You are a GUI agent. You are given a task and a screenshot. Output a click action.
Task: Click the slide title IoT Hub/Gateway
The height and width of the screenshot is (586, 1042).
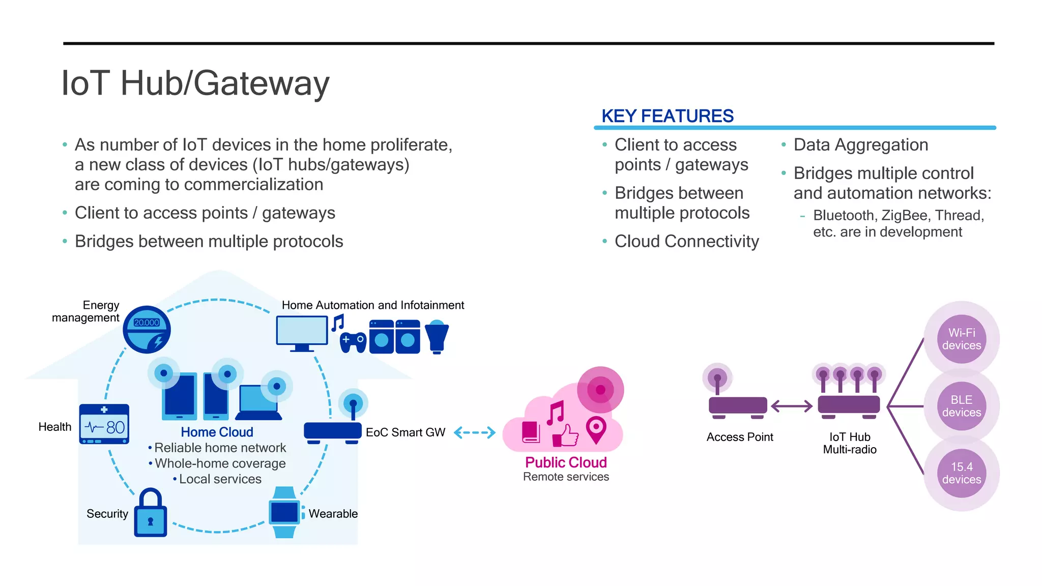click(x=195, y=83)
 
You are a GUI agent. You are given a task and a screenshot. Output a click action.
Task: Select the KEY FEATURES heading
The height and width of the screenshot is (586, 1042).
click(x=667, y=116)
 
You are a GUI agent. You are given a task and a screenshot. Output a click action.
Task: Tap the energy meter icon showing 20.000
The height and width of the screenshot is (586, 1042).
click(x=147, y=330)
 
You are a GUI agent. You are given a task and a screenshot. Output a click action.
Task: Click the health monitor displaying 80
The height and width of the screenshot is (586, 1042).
click(x=104, y=424)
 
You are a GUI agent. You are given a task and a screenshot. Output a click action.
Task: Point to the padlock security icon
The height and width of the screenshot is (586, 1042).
click(x=151, y=513)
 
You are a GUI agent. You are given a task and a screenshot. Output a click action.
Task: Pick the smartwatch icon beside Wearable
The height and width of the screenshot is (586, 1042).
click(x=284, y=512)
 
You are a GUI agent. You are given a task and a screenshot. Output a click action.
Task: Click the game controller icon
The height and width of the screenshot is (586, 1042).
click(x=353, y=342)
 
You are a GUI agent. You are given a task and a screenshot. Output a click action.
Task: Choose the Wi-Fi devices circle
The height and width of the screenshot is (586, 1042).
click(x=961, y=339)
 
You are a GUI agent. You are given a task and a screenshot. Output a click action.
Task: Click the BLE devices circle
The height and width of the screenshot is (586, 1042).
click(x=961, y=406)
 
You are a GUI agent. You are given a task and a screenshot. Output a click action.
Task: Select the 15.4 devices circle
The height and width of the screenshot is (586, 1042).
click(x=961, y=474)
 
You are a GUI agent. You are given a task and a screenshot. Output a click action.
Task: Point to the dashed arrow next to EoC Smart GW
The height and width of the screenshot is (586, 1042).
click(x=474, y=432)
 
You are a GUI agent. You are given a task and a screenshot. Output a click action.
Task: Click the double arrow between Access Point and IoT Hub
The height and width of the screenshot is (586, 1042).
click(x=792, y=406)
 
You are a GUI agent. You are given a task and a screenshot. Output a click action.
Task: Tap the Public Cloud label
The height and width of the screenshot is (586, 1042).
click(x=566, y=462)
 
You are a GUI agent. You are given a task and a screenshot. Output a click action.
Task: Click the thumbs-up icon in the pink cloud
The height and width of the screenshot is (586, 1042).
click(x=566, y=435)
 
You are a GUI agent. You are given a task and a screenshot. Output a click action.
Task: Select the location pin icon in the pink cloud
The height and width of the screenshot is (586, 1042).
click(x=596, y=429)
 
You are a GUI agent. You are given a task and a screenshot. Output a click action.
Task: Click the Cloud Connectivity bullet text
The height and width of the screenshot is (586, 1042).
click(x=686, y=241)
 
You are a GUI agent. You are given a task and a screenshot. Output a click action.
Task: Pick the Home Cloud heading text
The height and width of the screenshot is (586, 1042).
click(x=217, y=432)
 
